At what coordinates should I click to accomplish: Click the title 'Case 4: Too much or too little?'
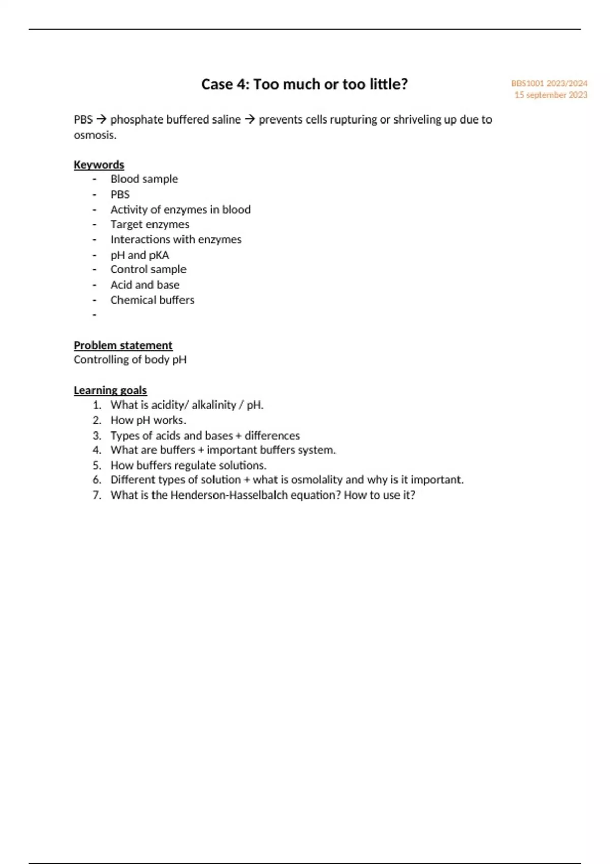click(x=304, y=84)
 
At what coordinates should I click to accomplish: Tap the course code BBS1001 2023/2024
click(x=549, y=83)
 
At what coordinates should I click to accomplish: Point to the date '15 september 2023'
click(x=551, y=95)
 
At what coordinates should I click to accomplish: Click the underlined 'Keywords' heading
click(x=99, y=165)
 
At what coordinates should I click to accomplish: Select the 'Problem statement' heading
click(x=123, y=345)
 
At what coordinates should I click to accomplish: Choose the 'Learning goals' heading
click(x=110, y=390)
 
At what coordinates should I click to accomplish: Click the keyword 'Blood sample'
click(x=144, y=179)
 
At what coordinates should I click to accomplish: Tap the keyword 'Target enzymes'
click(x=150, y=224)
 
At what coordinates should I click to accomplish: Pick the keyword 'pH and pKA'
click(x=140, y=255)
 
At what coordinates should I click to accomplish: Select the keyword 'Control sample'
click(x=148, y=269)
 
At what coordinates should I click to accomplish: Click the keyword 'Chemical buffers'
click(x=152, y=300)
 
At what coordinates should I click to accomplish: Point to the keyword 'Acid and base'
click(x=145, y=285)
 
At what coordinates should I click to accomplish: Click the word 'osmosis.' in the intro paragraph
click(x=95, y=135)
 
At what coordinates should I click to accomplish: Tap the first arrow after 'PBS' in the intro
click(x=101, y=120)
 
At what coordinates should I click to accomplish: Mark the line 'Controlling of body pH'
click(x=130, y=360)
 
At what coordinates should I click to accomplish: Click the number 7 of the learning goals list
click(x=97, y=495)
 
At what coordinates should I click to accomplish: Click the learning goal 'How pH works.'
click(x=148, y=420)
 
